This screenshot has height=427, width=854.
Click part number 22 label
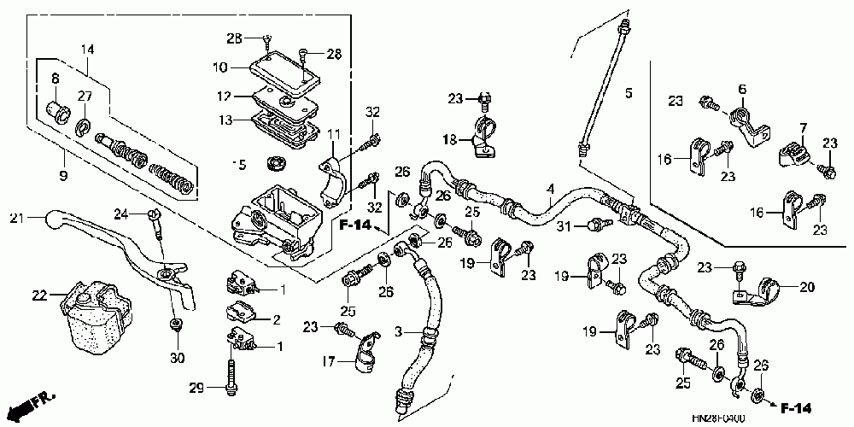tap(38, 295)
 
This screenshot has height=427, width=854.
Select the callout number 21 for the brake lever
tap(15, 219)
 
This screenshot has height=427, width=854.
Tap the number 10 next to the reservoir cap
tap(219, 66)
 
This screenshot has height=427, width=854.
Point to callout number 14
tap(87, 50)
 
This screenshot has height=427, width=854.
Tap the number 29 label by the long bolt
tap(196, 389)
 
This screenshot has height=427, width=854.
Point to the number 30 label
tap(178, 356)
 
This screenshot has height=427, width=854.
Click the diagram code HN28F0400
tap(720, 419)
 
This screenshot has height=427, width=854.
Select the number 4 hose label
tap(551, 189)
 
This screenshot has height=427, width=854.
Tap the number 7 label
tap(803, 128)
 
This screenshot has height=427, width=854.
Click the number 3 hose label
tap(398, 330)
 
